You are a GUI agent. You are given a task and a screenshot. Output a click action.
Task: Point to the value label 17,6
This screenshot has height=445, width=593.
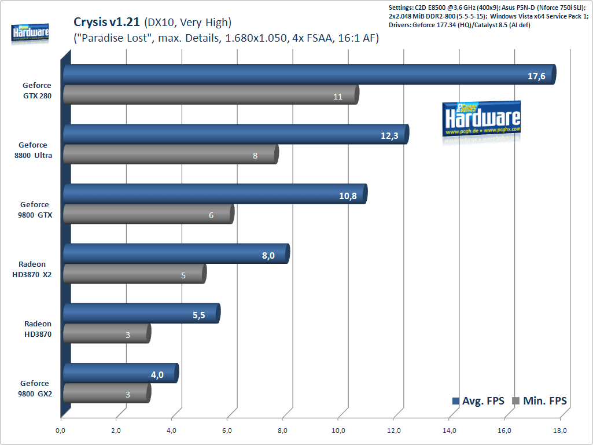(x=536, y=76)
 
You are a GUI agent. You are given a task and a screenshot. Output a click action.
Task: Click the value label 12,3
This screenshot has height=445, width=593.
(x=389, y=135)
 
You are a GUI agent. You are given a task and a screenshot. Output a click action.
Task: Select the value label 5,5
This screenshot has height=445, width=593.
(x=200, y=315)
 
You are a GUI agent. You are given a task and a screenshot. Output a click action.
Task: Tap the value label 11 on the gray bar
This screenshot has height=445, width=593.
(x=338, y=97)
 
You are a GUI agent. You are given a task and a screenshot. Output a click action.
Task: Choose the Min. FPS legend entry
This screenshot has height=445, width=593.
(x=539, y=401)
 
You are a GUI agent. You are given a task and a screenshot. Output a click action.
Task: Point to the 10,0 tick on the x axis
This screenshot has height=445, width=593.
(x=338, y=430)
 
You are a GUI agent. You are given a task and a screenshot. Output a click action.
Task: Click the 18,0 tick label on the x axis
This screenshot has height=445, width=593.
(x=560, y=430)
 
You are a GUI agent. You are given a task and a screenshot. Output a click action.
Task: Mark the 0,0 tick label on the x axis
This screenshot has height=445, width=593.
(x=60, y=430)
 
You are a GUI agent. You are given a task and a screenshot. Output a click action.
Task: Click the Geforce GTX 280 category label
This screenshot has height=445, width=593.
(x=37, y=91)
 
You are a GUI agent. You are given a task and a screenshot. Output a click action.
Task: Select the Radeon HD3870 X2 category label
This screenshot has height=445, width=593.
(x=32, y=270)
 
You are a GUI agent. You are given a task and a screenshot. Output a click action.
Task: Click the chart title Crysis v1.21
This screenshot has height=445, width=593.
(x=106, y=23)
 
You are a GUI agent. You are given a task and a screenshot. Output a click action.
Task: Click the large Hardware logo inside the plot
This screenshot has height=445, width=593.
(x=481, y=120)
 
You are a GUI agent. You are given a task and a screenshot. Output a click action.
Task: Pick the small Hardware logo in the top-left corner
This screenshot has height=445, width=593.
(x=30, y=34)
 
